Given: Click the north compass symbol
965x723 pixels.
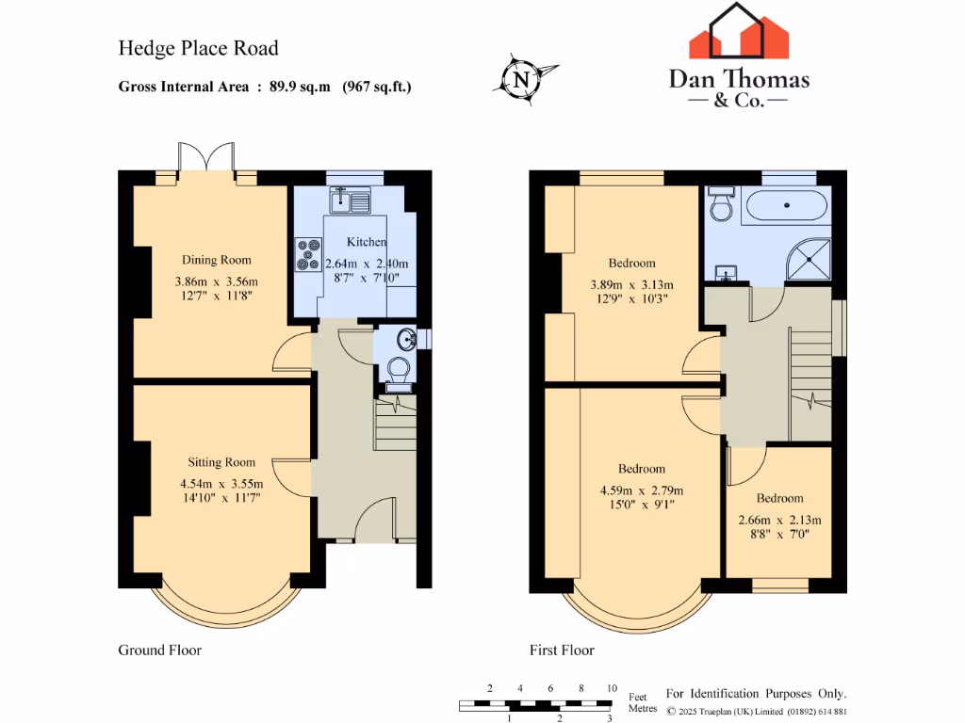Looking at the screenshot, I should [x=521, y=78].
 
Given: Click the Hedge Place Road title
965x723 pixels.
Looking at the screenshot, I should [x=198, y=48].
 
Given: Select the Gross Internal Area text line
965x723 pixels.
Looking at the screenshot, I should [x=265, y=87].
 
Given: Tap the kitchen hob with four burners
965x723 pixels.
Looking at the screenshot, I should [x=308, y=253].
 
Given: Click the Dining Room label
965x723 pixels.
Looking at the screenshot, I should [x=216, y=260].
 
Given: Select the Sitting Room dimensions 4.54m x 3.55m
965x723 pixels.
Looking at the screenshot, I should [x=221, y=484].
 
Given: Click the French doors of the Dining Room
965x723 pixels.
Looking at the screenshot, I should [x=206, y=158].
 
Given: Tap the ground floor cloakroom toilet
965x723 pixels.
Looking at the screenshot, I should [x=399, y=370].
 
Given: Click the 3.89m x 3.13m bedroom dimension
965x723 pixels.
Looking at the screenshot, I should [x=630, y=284].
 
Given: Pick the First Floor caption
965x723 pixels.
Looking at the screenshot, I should [x=562, y=650].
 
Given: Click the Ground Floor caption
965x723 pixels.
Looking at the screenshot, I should [x=159, y=650].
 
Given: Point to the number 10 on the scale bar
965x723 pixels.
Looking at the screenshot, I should [x=612, y=689].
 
